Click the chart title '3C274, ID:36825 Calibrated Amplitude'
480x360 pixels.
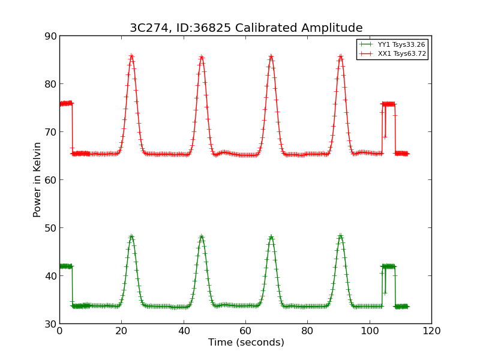click(x=246, y=28)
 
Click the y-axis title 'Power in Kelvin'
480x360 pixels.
click(x=37, y=179)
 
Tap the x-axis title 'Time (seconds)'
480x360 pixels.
click(x=246, y=343)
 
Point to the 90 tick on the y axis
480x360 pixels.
click(x=50, y=36)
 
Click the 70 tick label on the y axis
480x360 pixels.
click(x=50, y=132)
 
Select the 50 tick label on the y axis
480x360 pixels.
click(x=50, y=228)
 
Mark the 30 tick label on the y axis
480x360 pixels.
click(x=50, y=324)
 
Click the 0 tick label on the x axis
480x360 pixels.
click(x=59, y=331)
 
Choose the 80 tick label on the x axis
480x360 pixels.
click(x=307, y=331)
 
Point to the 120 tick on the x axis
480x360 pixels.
click(x=431, y=331)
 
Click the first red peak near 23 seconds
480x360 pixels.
click(x=131, y=56)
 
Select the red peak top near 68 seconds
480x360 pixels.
click(x=271, y=56)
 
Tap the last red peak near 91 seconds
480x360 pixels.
click(x=341, y=56)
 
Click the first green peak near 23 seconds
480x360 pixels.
click(x=131, y=236)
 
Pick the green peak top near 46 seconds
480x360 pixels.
click(x=202, y=236)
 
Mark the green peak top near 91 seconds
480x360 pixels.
click(x=341, y=236)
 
